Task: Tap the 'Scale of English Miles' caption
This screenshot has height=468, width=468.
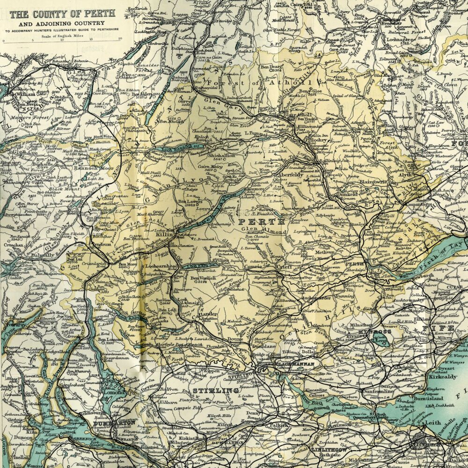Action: [x=61, y=35]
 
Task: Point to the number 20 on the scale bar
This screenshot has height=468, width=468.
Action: [x=120, y=39]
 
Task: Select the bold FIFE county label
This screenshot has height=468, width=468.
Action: [x=433, y=328]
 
